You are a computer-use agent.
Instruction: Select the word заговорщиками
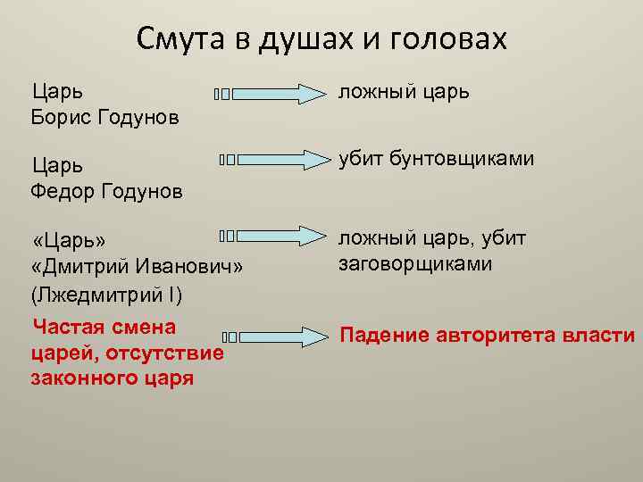(x=415, y=264)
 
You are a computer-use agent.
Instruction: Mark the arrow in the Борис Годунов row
(x=271, y=94)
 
